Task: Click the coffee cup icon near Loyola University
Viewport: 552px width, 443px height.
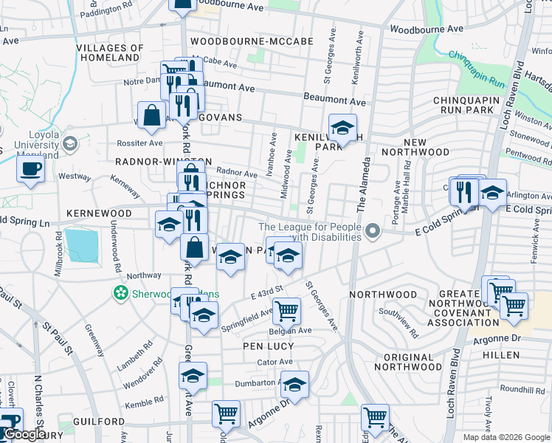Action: pos(30,168)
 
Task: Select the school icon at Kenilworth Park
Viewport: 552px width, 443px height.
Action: pos(342,128)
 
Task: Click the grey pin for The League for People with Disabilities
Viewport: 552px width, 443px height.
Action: pos(373,232)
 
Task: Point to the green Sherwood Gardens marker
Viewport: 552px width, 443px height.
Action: pos(120,294)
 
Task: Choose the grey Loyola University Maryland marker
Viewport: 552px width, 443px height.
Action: pos(71,143)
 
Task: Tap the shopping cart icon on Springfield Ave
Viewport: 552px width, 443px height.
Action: pos(286,310)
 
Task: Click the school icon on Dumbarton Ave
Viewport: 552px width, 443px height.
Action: pos(294,385)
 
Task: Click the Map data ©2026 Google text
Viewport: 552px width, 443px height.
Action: pos(506,437)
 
